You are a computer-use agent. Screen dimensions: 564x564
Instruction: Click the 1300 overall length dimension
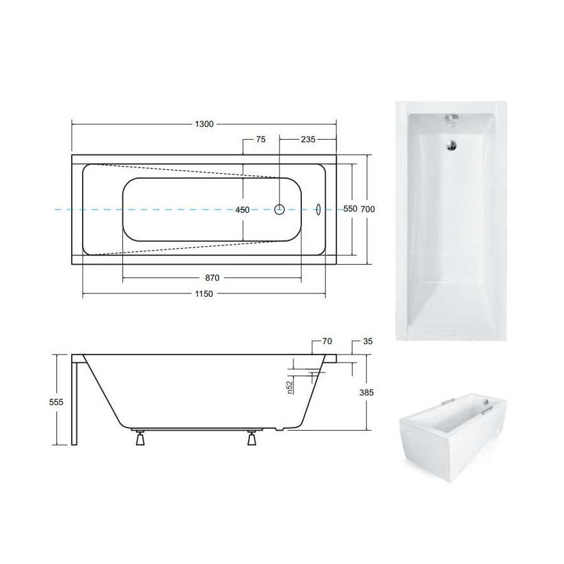[204, 124]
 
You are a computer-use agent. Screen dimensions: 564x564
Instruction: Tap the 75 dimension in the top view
[261, 139]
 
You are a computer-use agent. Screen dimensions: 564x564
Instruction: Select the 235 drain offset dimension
[308, 139]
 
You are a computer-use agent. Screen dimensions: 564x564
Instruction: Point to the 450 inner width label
[242, 210]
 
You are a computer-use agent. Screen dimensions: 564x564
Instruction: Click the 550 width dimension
[351, 209]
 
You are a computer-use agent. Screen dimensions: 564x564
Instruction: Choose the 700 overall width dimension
[368, 209]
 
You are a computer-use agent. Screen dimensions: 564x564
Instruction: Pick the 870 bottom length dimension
[212, 278]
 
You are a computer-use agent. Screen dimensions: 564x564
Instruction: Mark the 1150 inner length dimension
[204, 294]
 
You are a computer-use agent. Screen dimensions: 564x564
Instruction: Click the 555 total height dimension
[56, 402]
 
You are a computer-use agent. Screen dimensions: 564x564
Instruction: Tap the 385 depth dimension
[367, 392]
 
